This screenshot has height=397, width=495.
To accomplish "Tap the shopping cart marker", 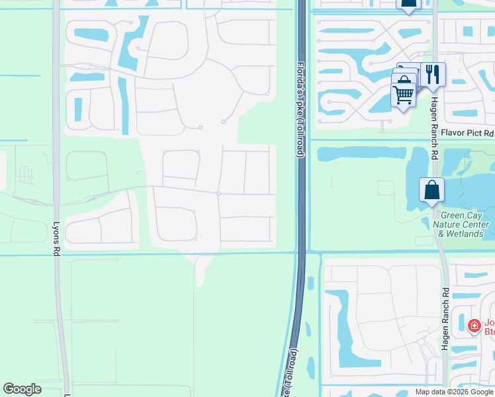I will [403, 93].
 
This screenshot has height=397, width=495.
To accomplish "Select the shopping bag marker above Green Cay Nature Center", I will [431, 191].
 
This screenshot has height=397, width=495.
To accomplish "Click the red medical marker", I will [474, 326].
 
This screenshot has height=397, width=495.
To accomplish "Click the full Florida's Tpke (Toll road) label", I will [299, 105].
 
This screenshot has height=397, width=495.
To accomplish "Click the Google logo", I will [22, 389].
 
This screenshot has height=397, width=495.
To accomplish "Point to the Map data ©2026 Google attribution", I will [454, 392].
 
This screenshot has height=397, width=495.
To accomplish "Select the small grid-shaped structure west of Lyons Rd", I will [26, 174].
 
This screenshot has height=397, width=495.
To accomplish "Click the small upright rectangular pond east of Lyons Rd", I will [78, 109].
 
